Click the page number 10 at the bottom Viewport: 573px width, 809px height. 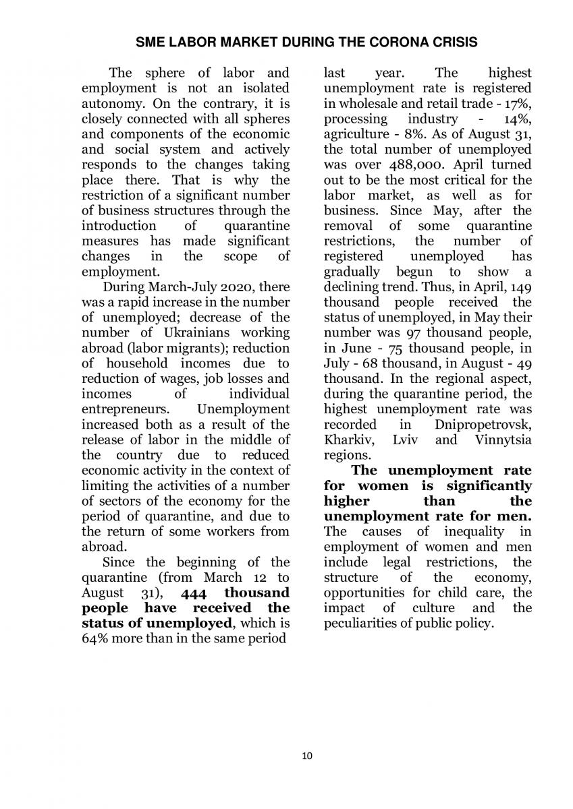pos(307,756)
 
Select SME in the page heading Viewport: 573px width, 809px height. pos(148,42)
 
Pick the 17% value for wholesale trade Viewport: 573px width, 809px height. pos(518,103)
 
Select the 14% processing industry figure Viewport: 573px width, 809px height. pos(518,119)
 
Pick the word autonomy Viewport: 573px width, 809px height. pos(110,103)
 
